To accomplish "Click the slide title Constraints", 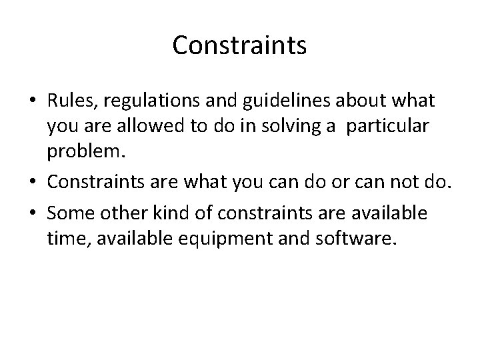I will pyautogui.click(x=239, y=45).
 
